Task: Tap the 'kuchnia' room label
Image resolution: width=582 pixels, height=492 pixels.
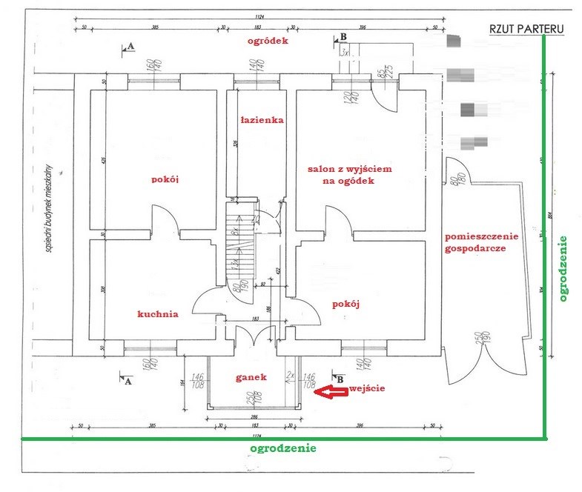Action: point(158,313)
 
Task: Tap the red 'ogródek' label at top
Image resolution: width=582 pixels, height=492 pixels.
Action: point(268,41)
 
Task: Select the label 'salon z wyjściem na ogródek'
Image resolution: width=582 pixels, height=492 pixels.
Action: point(349,174)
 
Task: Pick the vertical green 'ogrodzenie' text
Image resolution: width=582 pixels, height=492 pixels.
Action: point(564,268)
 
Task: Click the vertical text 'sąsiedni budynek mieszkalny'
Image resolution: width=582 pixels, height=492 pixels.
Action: point(47,208)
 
